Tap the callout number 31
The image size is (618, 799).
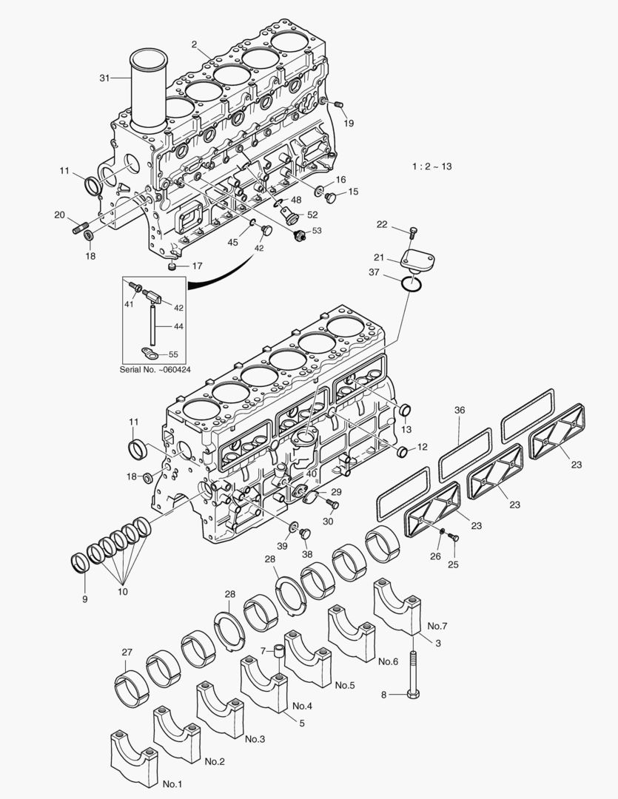104,77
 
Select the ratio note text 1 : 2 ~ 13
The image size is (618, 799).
431,166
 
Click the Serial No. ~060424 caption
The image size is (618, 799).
155,369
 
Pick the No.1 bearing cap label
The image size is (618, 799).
172,783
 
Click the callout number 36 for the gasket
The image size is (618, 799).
460,411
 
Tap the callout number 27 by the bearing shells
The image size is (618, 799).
127,652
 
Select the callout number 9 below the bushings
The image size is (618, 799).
84,598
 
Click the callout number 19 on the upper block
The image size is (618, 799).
348,123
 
